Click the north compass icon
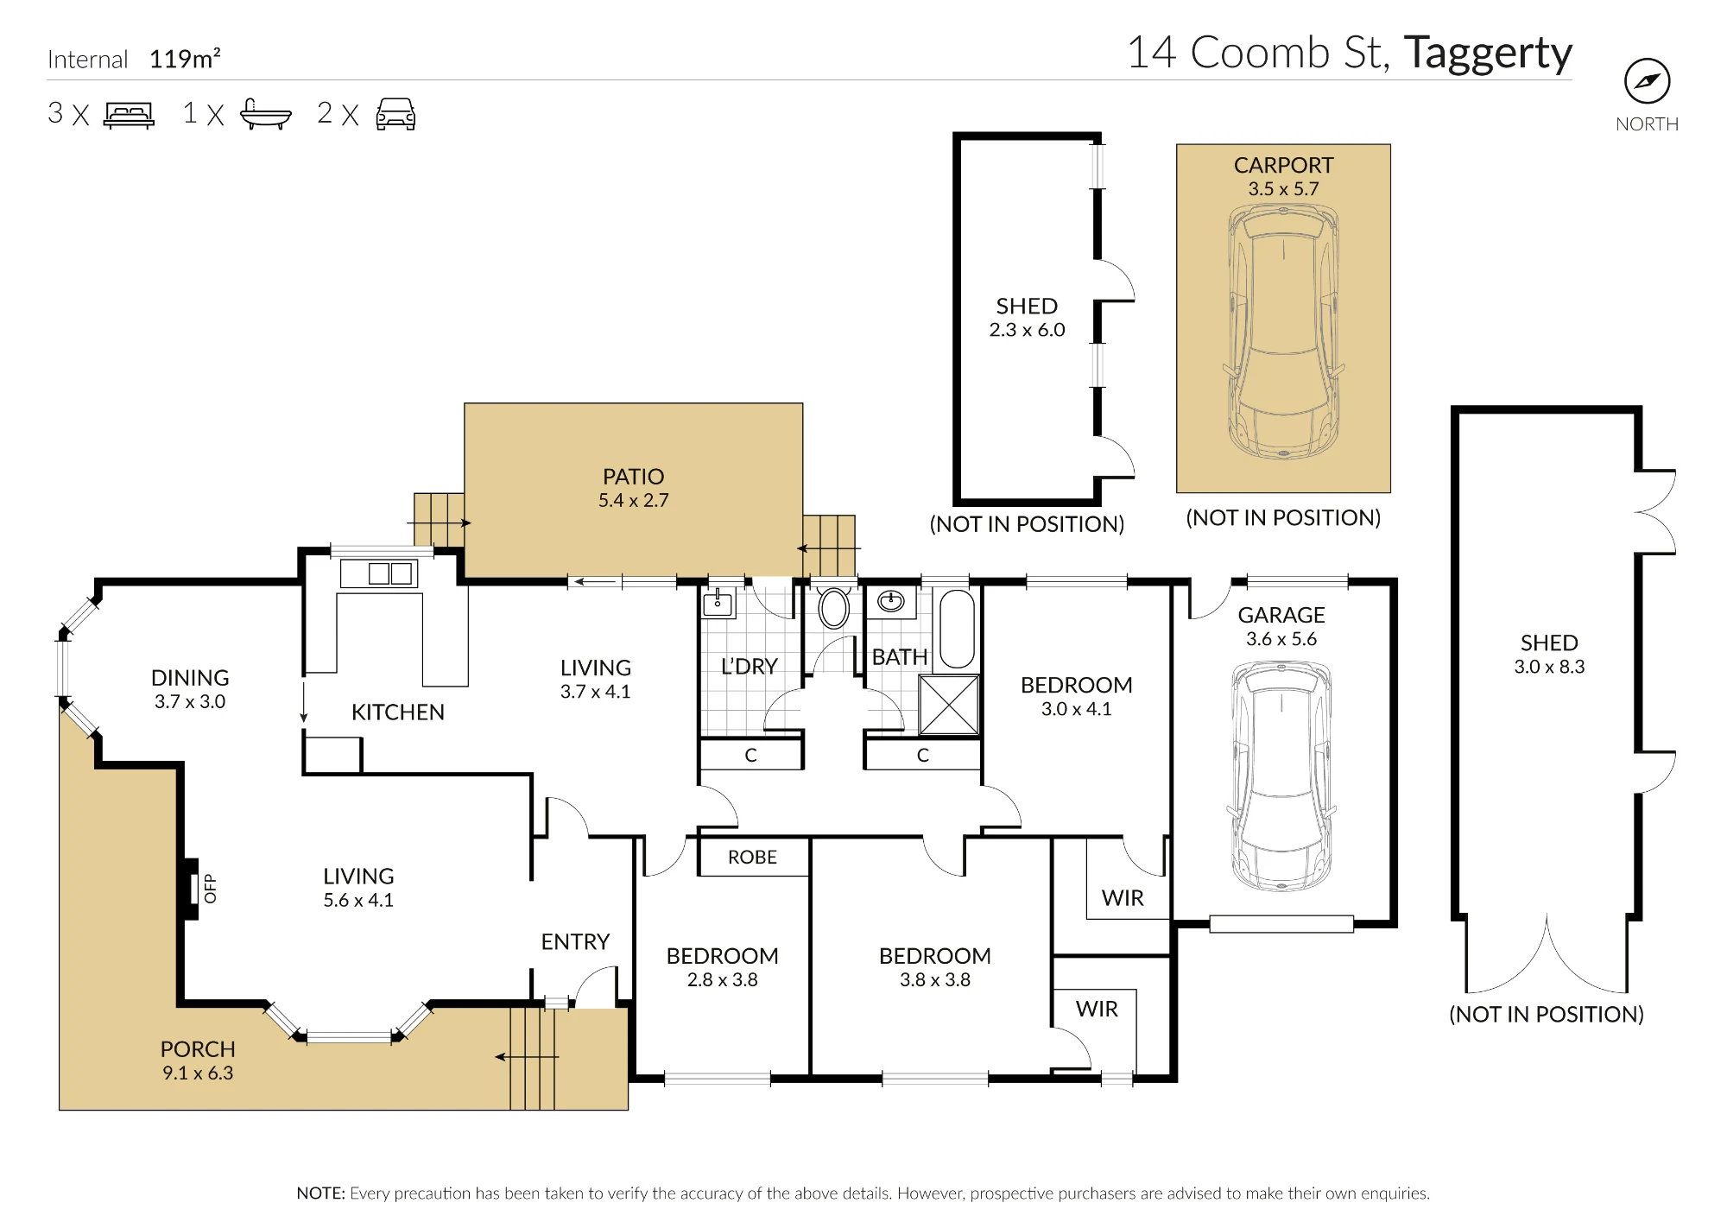(x=1647, y=81)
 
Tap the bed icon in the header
(x=129, y=115)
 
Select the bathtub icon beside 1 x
(x=265, y=114)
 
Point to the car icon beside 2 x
(x=395, y=114)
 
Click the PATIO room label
(x=634, y=477)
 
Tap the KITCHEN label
(x=398, y=712)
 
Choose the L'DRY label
(x=750, y=667)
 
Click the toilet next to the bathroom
(x=834, y=607)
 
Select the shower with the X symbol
(x=948, y=705)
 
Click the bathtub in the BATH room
(x=956, y=629)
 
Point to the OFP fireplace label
(x=210, y=889)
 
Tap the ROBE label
(x=752, y=858)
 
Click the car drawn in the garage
(x=1281, y=776)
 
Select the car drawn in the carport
(x=1283, y=332)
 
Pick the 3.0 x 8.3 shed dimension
(x=1549, y=667)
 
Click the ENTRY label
(x=575, y=942)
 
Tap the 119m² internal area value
(x=185, y=59)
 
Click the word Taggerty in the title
(x=1488, y=54)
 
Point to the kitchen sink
(x=390, y=573)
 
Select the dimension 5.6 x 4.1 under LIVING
(x=358, y=901)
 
